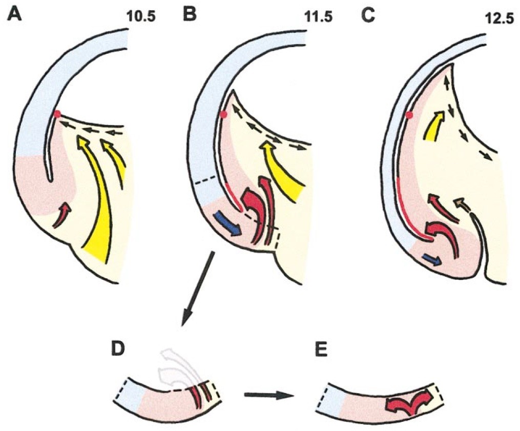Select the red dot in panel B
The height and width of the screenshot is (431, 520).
[x=223, y=114]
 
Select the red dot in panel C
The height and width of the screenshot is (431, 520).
[x=408, y=115]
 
